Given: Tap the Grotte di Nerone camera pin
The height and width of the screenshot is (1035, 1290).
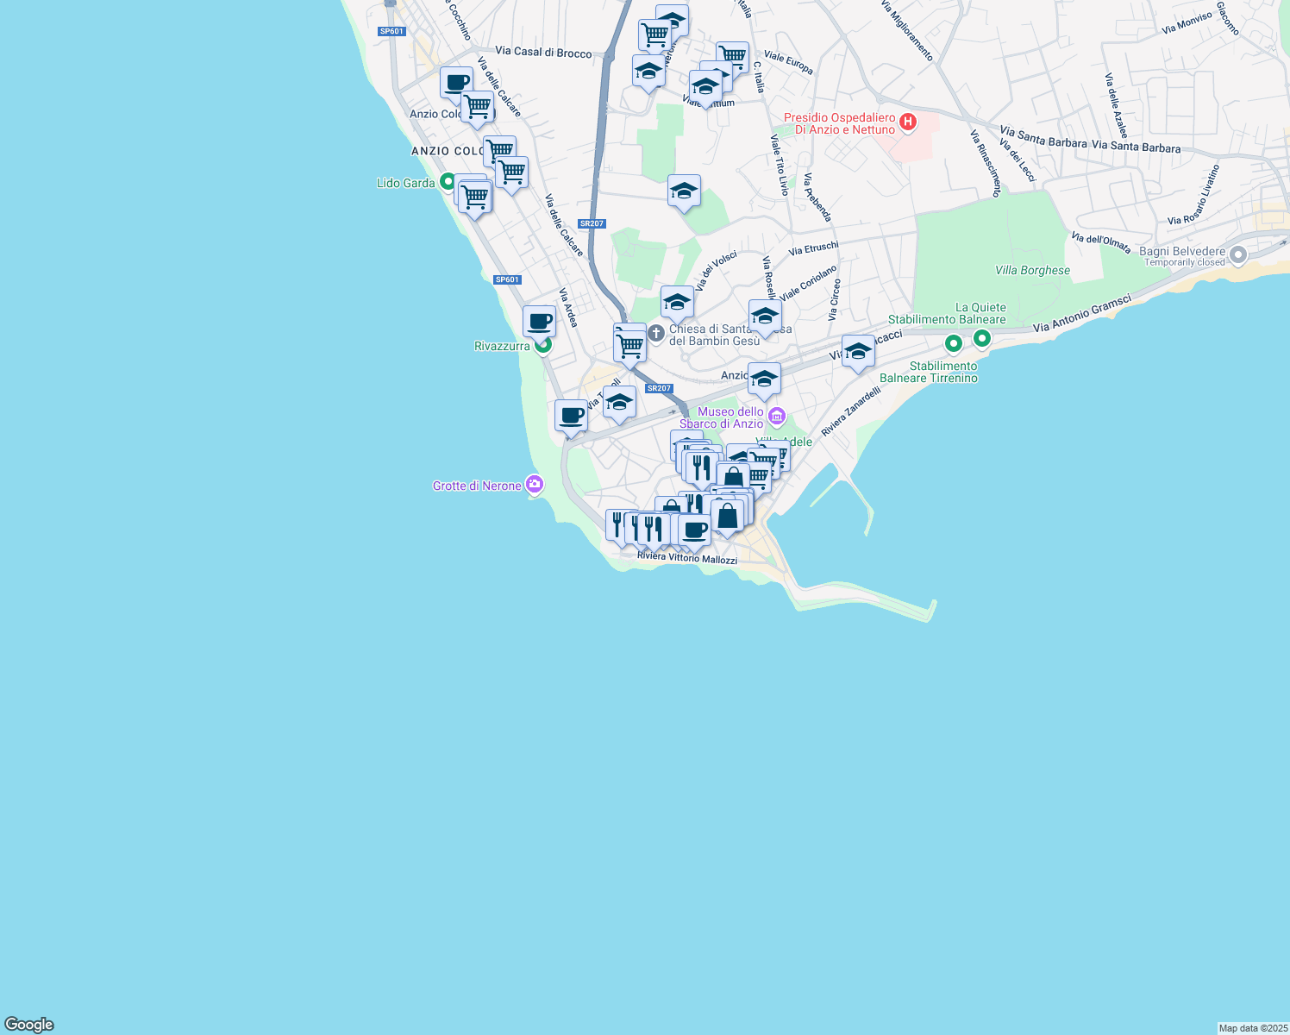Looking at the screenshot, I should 535,485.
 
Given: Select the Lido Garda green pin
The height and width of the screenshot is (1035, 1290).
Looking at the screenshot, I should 447,182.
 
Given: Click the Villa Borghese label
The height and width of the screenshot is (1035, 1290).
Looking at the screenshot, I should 1032,270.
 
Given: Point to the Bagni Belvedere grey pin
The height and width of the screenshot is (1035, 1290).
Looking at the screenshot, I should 1238,254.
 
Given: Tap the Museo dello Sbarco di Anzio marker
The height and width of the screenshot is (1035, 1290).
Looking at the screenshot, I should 776,417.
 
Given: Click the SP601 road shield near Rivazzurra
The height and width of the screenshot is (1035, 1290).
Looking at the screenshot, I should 507,279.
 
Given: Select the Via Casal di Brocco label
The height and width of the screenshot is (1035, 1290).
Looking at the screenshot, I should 543,52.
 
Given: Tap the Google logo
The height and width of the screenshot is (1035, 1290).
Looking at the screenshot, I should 29,1025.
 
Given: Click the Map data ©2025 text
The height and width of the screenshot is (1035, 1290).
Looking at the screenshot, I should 1251,1028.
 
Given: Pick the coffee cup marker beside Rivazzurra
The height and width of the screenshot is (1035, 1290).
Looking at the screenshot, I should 539,322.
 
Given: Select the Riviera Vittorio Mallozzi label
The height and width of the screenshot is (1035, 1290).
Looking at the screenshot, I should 686,558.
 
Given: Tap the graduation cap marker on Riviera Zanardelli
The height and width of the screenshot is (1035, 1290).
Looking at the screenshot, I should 857,352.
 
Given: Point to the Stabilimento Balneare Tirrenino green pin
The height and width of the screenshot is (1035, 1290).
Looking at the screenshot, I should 953,343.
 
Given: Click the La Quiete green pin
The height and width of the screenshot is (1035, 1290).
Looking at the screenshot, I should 982,339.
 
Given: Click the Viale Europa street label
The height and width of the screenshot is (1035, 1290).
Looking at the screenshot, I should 788,62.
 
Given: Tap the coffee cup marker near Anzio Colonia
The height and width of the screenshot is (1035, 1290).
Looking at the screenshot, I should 456,83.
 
